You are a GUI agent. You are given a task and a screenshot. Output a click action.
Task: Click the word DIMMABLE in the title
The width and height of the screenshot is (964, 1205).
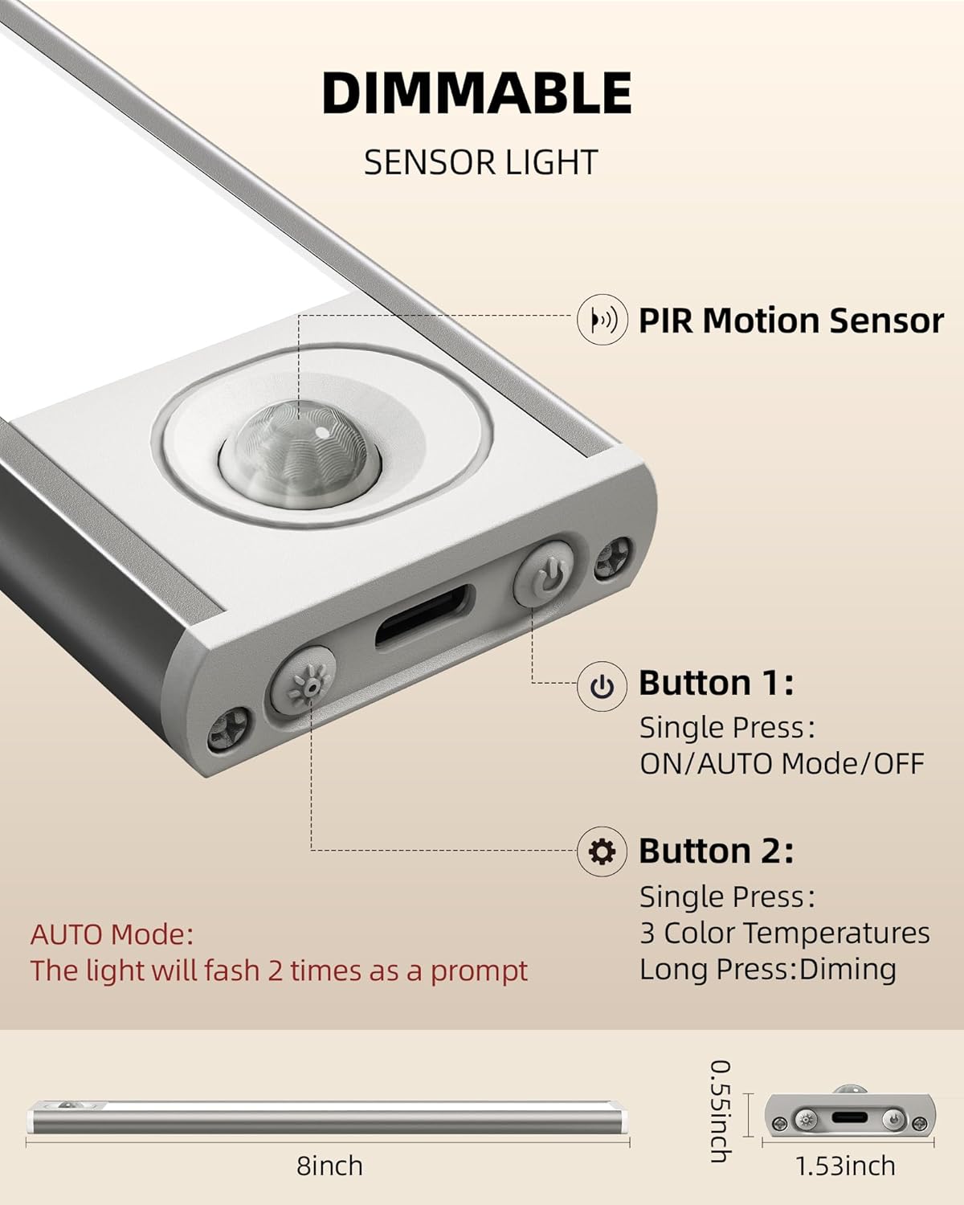coord(477,93)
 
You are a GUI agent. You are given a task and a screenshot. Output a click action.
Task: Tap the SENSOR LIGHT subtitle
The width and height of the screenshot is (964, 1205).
coord(480,162)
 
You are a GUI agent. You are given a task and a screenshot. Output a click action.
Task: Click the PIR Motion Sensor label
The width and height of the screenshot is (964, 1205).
coord(790,321)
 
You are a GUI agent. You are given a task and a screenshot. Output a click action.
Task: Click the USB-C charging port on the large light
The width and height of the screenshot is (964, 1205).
coord(424,617)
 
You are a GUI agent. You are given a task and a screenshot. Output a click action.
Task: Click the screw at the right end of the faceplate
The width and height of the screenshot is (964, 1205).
coord(612,558)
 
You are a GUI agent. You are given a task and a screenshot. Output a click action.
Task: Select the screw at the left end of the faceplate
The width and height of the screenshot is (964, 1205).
coord(227,729)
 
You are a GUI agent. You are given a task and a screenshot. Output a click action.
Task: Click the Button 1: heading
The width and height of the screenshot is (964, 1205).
coord(716,683)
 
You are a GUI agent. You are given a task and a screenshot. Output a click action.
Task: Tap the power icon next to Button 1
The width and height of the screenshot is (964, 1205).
coord(602,687)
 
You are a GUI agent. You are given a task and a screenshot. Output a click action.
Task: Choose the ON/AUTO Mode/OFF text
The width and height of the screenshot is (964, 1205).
coord(782,763)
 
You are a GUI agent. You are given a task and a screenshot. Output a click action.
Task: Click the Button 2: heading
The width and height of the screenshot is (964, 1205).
coord(716,851)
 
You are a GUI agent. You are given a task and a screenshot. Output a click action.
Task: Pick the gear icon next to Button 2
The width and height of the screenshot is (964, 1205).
coord(602,851)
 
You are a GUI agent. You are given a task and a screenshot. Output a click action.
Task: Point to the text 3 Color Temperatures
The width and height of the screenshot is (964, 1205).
coord(784,933)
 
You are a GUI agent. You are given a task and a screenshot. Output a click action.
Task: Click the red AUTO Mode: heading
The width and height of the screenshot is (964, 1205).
coord(112,934)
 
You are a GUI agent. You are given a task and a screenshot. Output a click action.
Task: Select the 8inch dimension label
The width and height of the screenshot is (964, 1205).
coord(329,1166)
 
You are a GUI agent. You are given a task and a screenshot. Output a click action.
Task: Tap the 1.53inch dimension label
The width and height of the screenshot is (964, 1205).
coord(845,1166)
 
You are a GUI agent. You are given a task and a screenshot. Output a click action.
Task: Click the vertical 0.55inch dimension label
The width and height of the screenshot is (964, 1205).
coord(720,1111)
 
